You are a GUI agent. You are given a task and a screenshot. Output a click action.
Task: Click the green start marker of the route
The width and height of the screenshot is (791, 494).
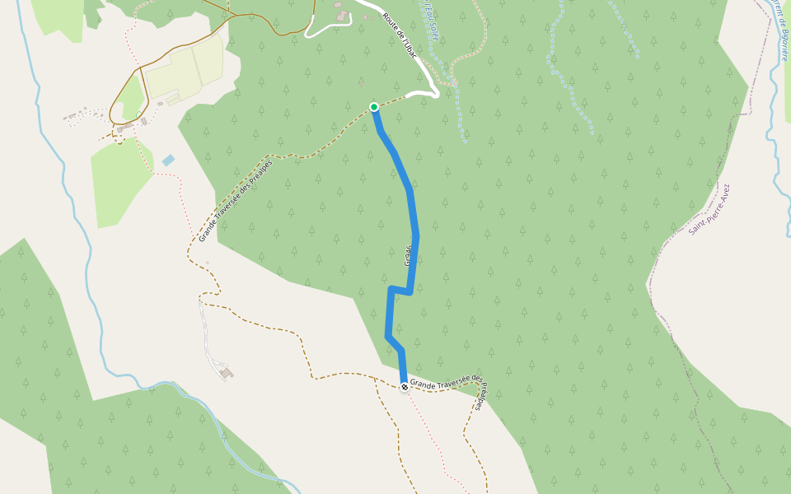(x=374, y=107)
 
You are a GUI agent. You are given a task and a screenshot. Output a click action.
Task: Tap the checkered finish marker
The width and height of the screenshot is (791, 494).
(x=404, y=387)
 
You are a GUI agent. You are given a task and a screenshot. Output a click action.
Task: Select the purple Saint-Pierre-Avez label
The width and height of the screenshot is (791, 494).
(x=709, y=210)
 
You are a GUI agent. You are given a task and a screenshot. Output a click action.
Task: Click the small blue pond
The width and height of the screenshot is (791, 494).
(x=168, y=161)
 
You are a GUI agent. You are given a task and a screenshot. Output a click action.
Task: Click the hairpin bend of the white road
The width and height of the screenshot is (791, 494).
(x=433, y=93)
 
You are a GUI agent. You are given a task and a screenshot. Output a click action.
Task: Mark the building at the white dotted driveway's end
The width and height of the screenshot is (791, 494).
(x=227, y=374)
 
